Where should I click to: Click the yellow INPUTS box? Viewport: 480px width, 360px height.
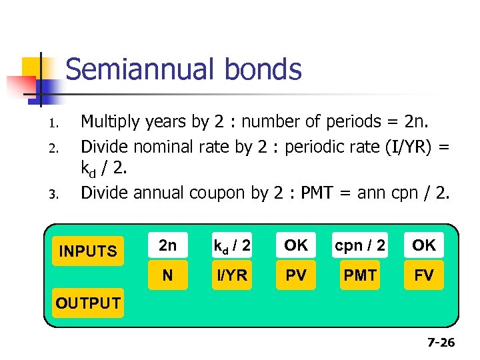pos(87,251)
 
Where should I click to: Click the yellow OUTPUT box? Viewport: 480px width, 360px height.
pos(87,303)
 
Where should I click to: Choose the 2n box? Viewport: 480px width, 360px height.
pos(167,245)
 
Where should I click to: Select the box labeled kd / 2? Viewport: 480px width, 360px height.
pos(231,245)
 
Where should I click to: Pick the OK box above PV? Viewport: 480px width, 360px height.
pos(296,245)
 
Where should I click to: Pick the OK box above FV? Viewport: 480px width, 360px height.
pos(424,245)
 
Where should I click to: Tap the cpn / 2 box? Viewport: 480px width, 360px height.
pos(360,245)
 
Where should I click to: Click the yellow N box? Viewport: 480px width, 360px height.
pos(167,275)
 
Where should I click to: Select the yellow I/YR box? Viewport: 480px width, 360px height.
pos(231,275)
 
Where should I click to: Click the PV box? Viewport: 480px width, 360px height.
pos(296,275)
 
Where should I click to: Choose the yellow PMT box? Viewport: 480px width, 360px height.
pos(360,275)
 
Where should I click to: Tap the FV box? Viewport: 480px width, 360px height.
pos(424,275)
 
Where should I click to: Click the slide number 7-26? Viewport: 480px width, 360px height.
pos(440,343)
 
